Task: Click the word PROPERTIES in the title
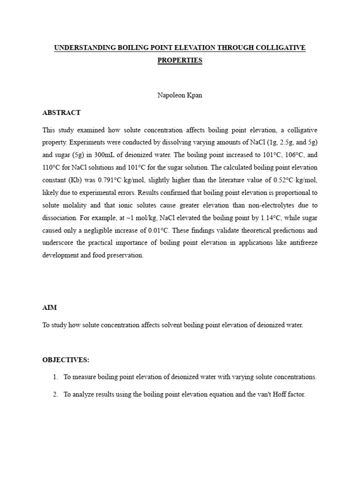(x=180, y=60)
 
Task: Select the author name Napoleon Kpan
(x=180, y=95)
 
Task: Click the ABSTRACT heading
(x=61, y=112)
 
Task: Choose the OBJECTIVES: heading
(x=65, y=360)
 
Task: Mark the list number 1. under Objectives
(x=55, y=377)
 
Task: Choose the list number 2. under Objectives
(x=55, y=395)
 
